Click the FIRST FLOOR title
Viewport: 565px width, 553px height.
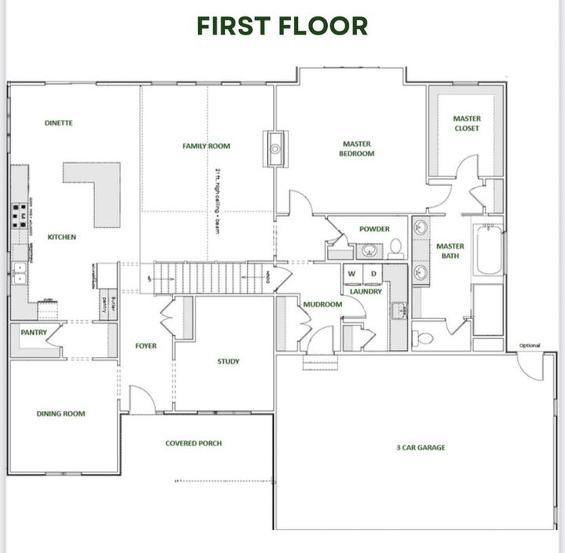(x=282, y=26)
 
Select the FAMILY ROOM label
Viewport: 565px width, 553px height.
(x=206, y=146)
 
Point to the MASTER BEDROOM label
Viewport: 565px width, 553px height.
(x=356, y=148)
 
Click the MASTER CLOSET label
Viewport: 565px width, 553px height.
(x=467, y=123)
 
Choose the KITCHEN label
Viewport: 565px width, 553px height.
(x=61, y=237)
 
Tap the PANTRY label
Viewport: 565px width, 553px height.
(x=35, y=333)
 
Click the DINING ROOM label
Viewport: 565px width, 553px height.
(x=60, y=413)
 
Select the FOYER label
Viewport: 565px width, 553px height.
(x=146, y=345)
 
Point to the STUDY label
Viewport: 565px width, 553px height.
(x=228, y=362)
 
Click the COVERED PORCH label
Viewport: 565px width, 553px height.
(x=193, y=443)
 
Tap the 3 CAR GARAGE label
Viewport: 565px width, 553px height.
(x=420, y=448)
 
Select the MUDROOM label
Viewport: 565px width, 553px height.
(x=323, y=304)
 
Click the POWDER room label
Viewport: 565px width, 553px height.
(x=374, y=229)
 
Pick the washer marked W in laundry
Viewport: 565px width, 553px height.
(x=352, y=274)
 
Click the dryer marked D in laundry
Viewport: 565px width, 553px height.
(x=374, y=274)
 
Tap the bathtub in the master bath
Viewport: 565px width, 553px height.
(x=488, y=250)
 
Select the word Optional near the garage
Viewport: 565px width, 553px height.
(x=530, y=345)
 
